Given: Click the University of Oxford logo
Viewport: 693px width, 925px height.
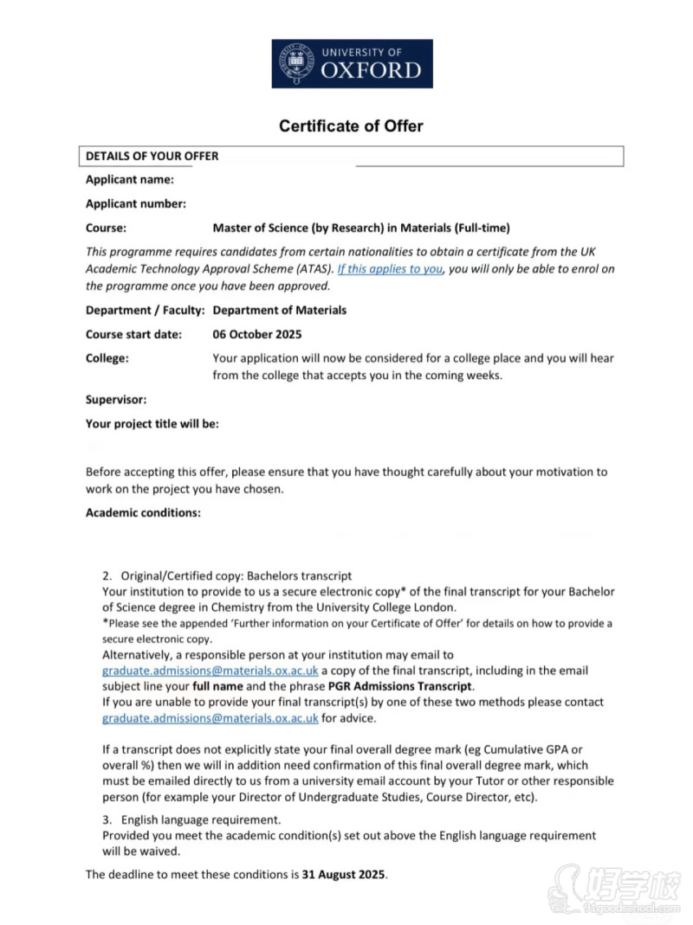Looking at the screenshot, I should pyautogui.click(x=352, y=63).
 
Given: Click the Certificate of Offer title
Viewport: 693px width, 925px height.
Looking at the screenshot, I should pyautogui.click(x=351, y=126).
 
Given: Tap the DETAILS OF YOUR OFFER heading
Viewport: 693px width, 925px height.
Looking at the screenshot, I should pyautogui.click(x=152, y=157).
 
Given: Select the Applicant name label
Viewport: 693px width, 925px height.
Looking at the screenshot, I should pyautogui.click(x=130, y=180).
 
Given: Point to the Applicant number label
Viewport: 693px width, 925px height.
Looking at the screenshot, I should pyautogui.click(x=136, y=204).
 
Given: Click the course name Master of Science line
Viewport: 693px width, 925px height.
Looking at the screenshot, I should pyautogui.click(x=361, y=228).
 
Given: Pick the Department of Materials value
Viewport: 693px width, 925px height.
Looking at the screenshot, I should pyautogui.click(x=279, y=310).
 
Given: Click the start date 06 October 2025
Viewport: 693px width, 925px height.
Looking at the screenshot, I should pyautogui.click(x=257, y=334).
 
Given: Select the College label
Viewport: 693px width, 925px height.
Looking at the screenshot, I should pyautogui.click(x=107, y=358).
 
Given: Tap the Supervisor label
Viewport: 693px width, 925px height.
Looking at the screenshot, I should pyautogui.click(x=116, y=400).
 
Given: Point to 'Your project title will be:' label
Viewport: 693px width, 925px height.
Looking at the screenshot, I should pyautogui.click(x=152, y=424).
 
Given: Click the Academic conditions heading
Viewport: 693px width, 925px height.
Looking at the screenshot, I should pyautogui.click(x=143, y=513).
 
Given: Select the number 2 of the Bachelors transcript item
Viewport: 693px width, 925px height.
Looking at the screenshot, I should pyautogui.click(x=107, y=575).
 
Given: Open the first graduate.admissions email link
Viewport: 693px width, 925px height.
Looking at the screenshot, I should pyautogui.click(x=210, y=671).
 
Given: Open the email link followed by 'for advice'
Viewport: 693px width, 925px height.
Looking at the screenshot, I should pyautogui.click(x=210, y=718).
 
